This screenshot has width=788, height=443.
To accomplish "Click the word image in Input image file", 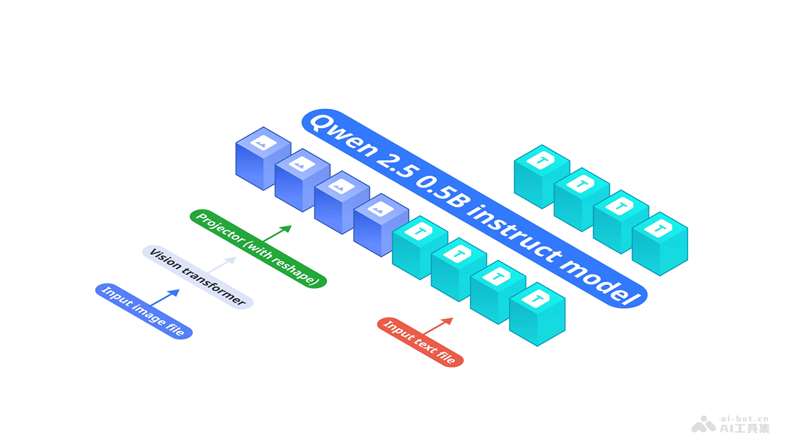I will tap(146, 312).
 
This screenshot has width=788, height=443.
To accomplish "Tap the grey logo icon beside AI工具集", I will tap(703, 425).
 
